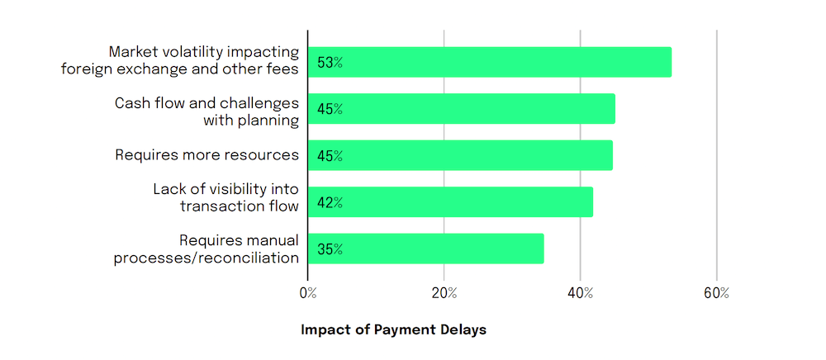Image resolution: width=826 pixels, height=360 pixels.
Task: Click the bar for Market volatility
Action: [x=489, y=62]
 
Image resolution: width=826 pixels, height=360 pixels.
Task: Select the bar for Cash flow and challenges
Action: [x=461, y=108]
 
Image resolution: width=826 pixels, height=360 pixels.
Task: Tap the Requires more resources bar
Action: [x=460, y=155]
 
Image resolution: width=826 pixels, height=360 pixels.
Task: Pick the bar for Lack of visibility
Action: [x=450, y=202]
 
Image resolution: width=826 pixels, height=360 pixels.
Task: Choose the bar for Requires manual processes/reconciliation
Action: [x=425, y=249]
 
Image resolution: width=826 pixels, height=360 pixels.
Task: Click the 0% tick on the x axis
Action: [x=307, y=294]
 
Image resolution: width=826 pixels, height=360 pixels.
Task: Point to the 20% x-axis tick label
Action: [x=444, y=294]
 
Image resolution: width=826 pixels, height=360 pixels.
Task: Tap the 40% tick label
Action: [x=581, y=294]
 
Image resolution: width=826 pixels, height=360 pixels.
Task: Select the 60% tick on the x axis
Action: [x=717, y=294]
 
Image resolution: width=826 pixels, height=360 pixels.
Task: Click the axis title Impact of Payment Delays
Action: [x=394, y=329]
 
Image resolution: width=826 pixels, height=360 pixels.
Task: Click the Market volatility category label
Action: [x=179, y=61]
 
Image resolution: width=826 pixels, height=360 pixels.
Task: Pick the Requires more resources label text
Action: [x=206, y=154]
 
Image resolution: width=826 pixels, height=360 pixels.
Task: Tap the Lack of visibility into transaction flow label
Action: [x=225, y=197]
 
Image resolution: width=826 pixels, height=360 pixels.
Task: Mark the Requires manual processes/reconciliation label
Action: [x=206, y=249]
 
